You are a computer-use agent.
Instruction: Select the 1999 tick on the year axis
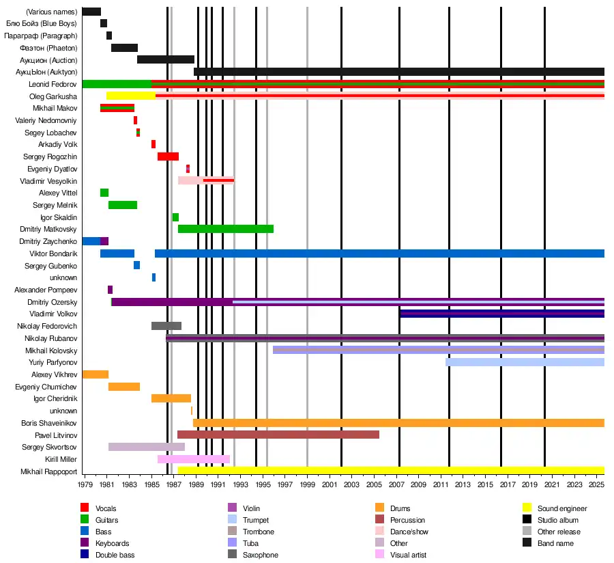coord(307,484)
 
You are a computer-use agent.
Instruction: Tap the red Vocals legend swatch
coord(85,508)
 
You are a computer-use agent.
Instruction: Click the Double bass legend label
coord(115,555)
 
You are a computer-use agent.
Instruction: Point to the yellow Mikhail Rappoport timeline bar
coord(390,471)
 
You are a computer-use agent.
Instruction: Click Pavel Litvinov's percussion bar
coord(278,435)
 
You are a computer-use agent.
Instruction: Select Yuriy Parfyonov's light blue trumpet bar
coord(524,362)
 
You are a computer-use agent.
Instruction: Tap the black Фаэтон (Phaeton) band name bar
coord(124,48)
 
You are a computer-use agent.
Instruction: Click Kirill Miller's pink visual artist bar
coord(193,459)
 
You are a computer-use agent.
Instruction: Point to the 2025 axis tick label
coord(597,484)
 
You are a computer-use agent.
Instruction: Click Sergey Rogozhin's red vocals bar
coord(168,156)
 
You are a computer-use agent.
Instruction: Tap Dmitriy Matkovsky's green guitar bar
coord(225,229)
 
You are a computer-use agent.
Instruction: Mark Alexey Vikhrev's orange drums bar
coord(95,374)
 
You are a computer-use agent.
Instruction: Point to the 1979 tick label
coord(85,484)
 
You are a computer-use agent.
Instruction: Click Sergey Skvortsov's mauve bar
coord(146,447)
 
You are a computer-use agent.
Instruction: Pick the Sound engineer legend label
coord(561,508)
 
